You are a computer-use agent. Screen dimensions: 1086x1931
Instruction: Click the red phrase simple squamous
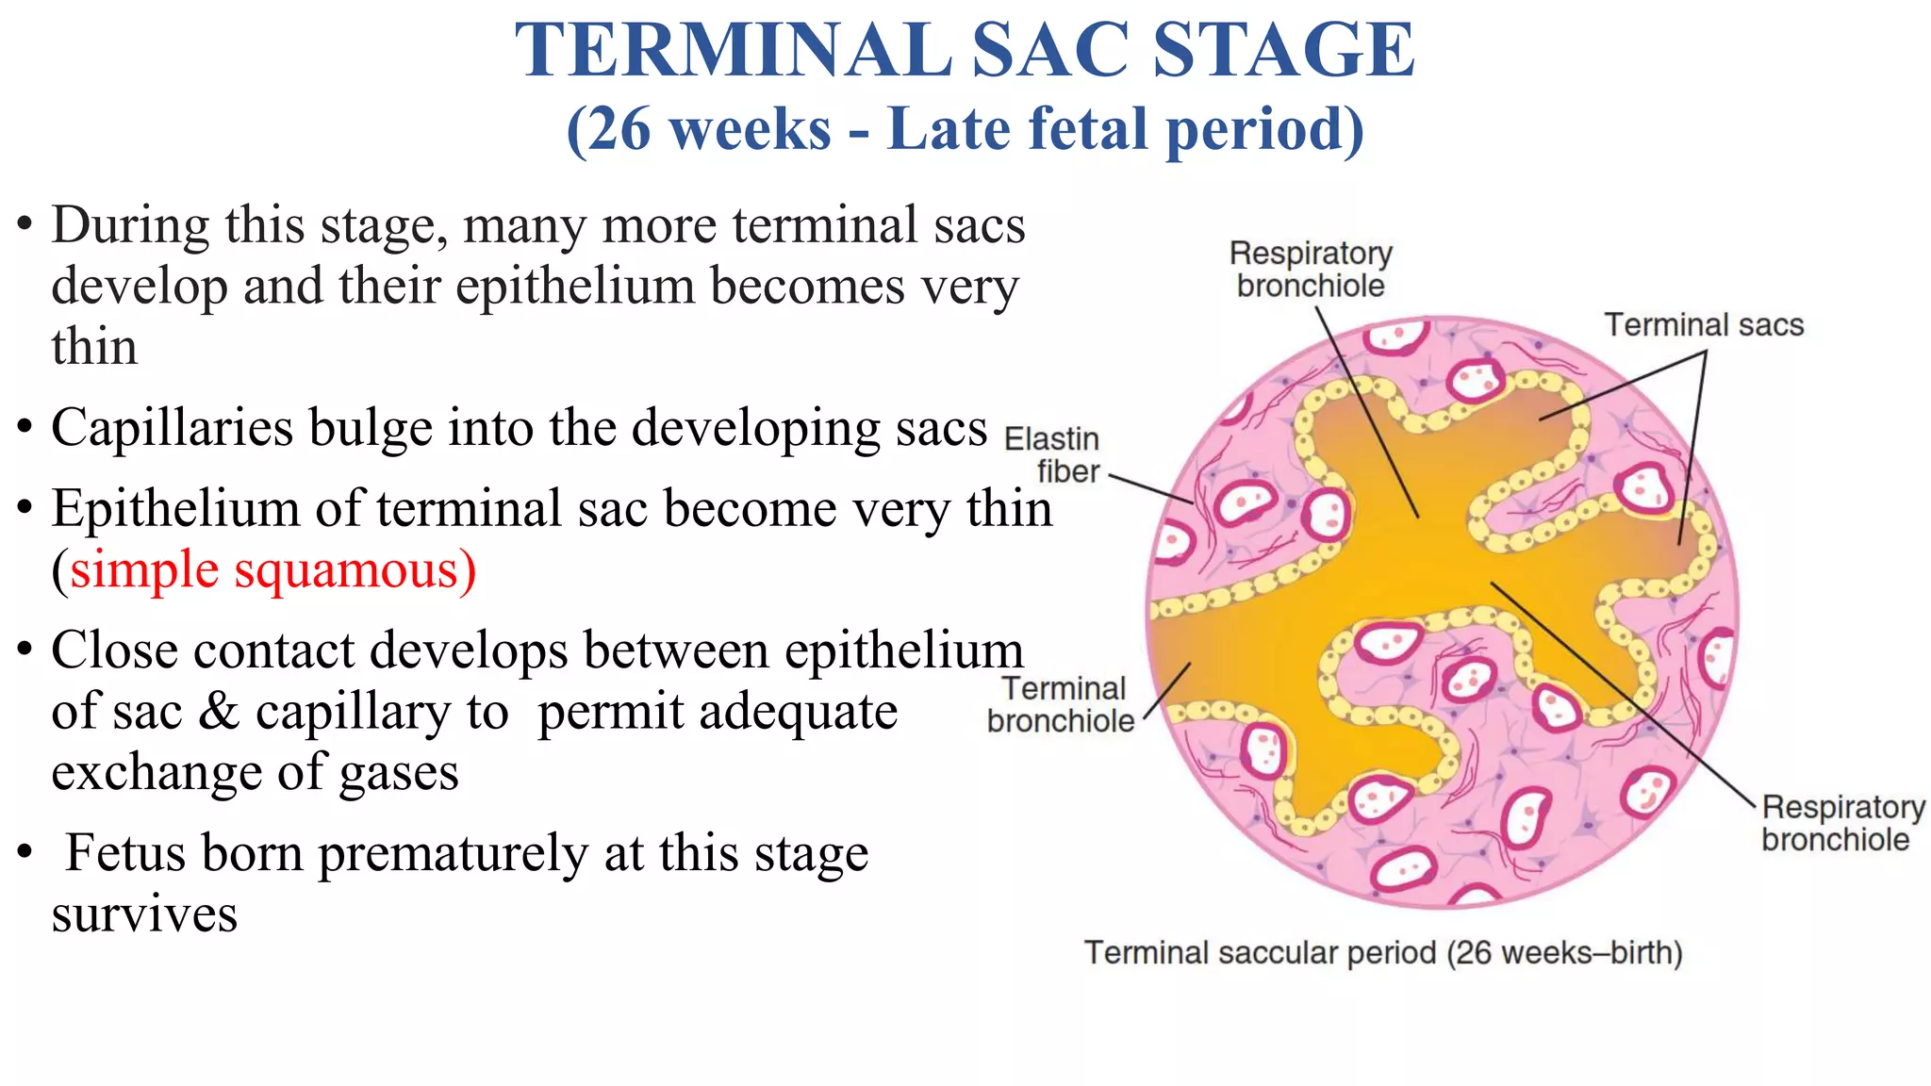point(272,569)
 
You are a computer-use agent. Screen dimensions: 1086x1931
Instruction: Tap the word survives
point(144,914)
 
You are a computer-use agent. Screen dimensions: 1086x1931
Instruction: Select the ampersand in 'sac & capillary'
point(219,712)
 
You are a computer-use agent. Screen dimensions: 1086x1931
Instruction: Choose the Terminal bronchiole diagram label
point(1062,704)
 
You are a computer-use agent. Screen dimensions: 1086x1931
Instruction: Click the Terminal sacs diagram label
point(1703,325)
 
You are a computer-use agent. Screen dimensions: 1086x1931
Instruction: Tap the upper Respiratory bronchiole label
point(1311,270)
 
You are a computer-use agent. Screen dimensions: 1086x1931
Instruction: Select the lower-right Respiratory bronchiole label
point(1841,823)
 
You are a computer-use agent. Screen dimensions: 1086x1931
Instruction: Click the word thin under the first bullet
point(94,347)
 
